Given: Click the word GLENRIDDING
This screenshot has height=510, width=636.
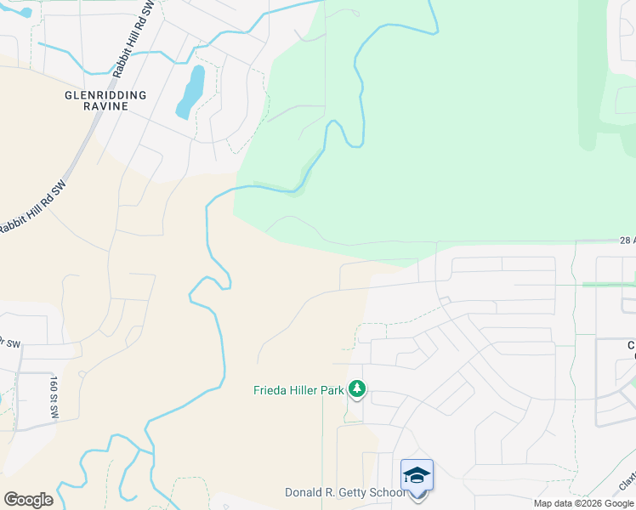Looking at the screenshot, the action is coord(106,95).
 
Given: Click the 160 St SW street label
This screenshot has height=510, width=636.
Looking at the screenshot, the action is coord(54,396).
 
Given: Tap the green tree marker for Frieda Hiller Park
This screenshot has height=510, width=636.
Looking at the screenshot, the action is coord(357,389).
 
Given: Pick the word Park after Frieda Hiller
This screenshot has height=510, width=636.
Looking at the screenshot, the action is coord(333,391).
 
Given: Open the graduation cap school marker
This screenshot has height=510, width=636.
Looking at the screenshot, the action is coord(417,475).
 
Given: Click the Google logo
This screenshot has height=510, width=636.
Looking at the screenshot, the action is coord(28,500).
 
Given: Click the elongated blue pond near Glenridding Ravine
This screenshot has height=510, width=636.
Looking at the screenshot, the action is coord(190,92).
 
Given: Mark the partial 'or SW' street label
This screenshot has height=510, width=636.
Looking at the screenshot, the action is coord(10,343).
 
